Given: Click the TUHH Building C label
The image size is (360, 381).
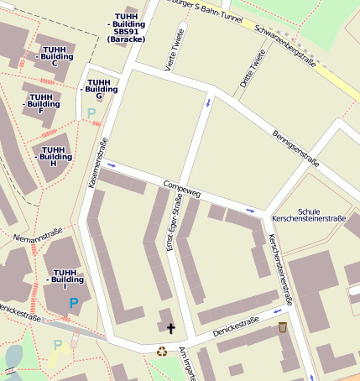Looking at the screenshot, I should pos(55,56).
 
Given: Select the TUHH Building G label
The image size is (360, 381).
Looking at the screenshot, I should pos(99,88).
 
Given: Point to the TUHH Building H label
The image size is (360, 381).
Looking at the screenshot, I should pos(55,155).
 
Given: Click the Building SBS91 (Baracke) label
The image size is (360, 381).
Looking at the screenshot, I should pos(127,28).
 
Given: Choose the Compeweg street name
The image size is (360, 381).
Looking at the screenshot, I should pos(182,185).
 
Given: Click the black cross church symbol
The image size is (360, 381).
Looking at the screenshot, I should pos(171,328).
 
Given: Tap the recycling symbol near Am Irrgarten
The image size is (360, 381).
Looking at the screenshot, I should pos(161,352).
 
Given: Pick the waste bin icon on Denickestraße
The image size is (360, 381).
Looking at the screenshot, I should pos(283,326).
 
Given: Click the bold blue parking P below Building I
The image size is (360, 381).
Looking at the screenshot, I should pos(75,303).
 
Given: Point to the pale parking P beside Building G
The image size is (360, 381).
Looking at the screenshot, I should pos(91,113).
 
